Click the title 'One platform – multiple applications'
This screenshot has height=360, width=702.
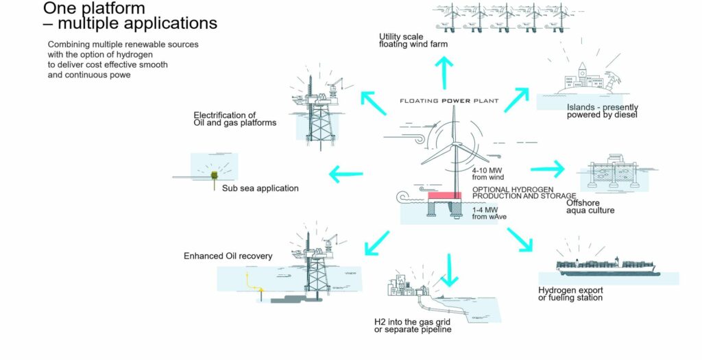(x=130, y=16)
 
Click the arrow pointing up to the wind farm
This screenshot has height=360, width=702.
(x=446, y=71)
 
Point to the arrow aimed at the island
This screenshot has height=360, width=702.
(x=518, y=99)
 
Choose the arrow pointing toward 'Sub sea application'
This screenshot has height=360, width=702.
(x=346, y=173)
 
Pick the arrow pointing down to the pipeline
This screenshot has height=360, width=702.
(x=449, y=269)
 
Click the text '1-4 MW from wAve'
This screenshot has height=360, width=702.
(x=487, y=213)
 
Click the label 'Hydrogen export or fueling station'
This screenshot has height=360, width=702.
(x=570, y=293)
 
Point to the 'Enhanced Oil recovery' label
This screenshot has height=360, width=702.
(x=228, y=256)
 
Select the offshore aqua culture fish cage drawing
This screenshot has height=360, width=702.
(x=614, y=174)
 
